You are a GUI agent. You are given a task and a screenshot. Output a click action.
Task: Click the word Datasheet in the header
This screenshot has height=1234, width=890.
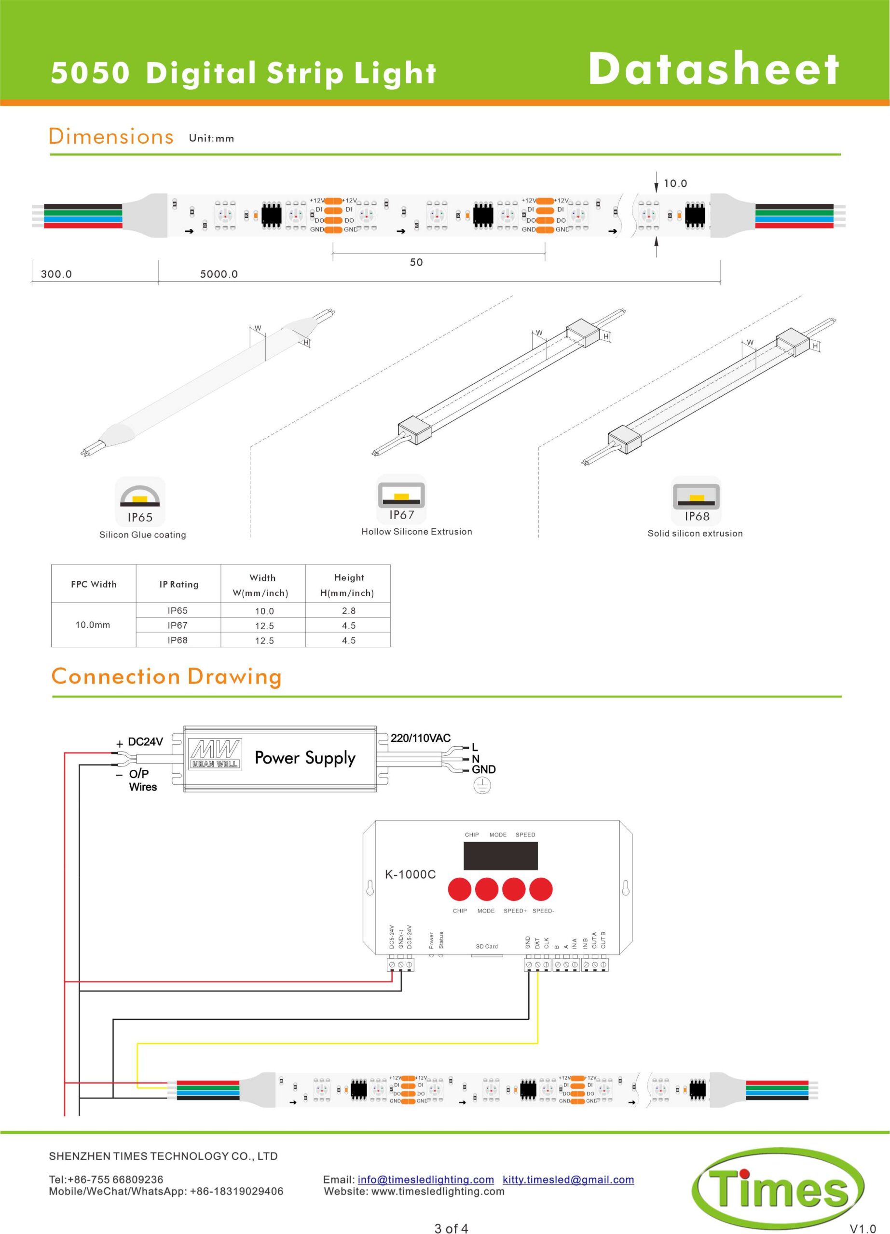[713, 69]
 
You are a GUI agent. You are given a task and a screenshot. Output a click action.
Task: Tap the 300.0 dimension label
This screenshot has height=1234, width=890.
[56, 274]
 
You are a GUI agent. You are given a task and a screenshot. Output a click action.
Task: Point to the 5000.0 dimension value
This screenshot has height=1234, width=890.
[219, 274]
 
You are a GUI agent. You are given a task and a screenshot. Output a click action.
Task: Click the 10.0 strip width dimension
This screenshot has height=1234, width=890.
[675, 183]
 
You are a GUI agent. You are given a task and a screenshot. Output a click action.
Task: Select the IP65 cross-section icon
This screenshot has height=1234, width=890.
[140, 494]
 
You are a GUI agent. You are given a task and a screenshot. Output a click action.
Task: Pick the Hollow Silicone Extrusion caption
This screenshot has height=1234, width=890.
[416, 532]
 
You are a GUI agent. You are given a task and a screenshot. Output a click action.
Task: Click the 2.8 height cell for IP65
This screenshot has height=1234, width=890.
[348, 610]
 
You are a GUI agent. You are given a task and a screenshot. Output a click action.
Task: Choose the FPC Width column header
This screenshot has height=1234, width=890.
[94, 584]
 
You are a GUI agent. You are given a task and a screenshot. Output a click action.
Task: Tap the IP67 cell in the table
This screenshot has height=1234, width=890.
[178, 625]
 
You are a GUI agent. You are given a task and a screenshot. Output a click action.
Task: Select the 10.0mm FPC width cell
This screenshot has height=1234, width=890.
[93, 625]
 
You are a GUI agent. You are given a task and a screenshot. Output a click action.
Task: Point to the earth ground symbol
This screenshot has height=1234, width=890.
[482, 785]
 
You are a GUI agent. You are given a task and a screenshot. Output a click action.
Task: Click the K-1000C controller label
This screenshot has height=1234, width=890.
[410, 874]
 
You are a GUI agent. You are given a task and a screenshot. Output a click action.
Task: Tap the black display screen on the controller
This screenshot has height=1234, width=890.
[500, 856]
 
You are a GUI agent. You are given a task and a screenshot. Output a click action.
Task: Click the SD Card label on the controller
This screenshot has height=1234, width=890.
[487, 946]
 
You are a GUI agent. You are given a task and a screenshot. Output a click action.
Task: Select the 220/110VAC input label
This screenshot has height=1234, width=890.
[420, 738]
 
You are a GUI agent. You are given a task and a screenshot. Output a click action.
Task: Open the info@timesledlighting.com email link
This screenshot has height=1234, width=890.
[425, 1180]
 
